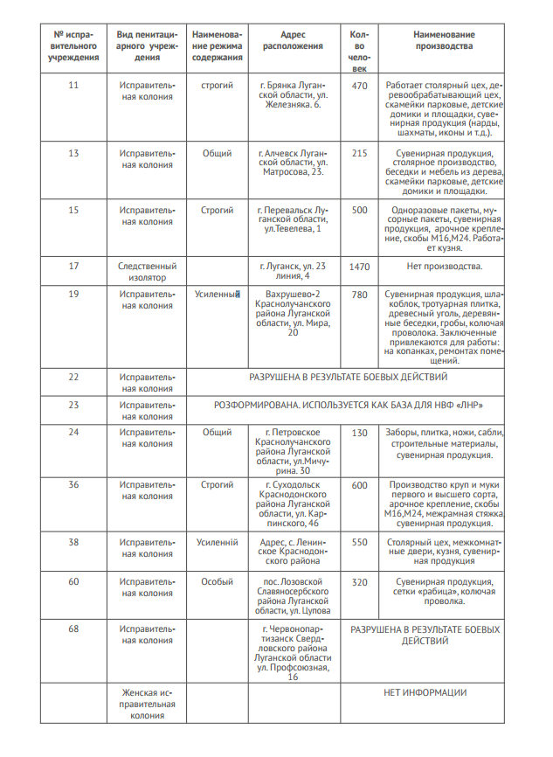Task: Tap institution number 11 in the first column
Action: [73, 85]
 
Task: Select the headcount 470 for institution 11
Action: [359, 85]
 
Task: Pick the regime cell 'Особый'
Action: [217, 581]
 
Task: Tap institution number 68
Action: [73, 629]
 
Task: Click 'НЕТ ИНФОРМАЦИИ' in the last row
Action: [425, 692]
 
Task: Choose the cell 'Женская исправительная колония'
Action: [147, 704]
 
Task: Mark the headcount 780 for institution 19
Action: [359, 295]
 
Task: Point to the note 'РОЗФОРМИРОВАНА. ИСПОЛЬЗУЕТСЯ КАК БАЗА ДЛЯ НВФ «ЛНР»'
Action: [348, 406]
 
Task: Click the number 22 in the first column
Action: [73, 377]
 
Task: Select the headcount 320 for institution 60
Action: [359, 581]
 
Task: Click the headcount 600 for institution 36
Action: [359, 485]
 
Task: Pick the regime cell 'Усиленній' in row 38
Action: [217, 542]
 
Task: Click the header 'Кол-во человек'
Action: [359, 51]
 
